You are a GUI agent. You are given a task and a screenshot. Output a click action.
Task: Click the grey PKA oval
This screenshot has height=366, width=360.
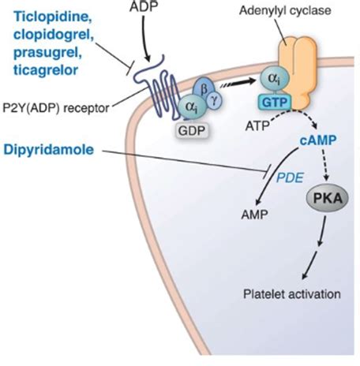pyautogui.click(x=328, y=199)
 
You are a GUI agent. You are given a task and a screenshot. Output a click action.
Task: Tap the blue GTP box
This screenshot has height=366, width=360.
pyautogui.click(x=275, y=103)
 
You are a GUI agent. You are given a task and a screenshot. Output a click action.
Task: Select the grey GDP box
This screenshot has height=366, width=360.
pyautogui.click(x=191, y=130)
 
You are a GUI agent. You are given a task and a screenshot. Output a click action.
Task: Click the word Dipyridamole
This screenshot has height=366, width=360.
pyautogui.click(x=49, y=150)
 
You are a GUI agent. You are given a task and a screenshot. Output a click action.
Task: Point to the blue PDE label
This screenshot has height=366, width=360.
pyautogui.click(x=290, y=178)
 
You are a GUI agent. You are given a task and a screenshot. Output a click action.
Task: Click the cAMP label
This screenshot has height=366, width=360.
pyautogui.click(x=318, y=140)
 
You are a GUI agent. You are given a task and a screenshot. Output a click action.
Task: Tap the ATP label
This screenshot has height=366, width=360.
pyautogui.click(x=257, y=126)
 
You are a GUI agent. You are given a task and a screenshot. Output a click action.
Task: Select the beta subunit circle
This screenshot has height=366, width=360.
pyautogui.click(x=203, y=89)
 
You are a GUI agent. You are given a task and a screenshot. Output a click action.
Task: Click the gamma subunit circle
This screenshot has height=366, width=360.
pyautogui.click(x=214, y=100)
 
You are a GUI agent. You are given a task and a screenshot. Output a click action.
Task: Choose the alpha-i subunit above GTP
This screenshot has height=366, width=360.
pyautogui.click(x=275, y=78)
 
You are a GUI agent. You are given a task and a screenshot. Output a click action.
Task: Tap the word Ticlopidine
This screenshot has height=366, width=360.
pyautogui.click(x=53, y=17)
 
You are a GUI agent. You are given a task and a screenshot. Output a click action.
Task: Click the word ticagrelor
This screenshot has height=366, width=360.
pyautogui.click(x=46, y=70)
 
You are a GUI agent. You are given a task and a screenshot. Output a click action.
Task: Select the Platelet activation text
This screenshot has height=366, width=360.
pyautogui.click(x=292, y=294)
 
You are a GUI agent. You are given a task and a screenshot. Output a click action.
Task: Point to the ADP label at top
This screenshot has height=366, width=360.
pyautogui.click(x=144, y=7)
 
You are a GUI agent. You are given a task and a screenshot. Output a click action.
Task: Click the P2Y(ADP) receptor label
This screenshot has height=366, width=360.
pyautogui.click(x=56, y=108)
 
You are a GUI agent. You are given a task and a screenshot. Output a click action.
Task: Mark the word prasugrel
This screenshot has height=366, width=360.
pyautogui.click(x=47, y=53)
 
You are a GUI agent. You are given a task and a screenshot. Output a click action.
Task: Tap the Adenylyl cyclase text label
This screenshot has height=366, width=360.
pyautogui.click(x=285, y=11)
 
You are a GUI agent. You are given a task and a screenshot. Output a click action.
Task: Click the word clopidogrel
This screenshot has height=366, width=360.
pyautogui.click(x=54, y=35)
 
